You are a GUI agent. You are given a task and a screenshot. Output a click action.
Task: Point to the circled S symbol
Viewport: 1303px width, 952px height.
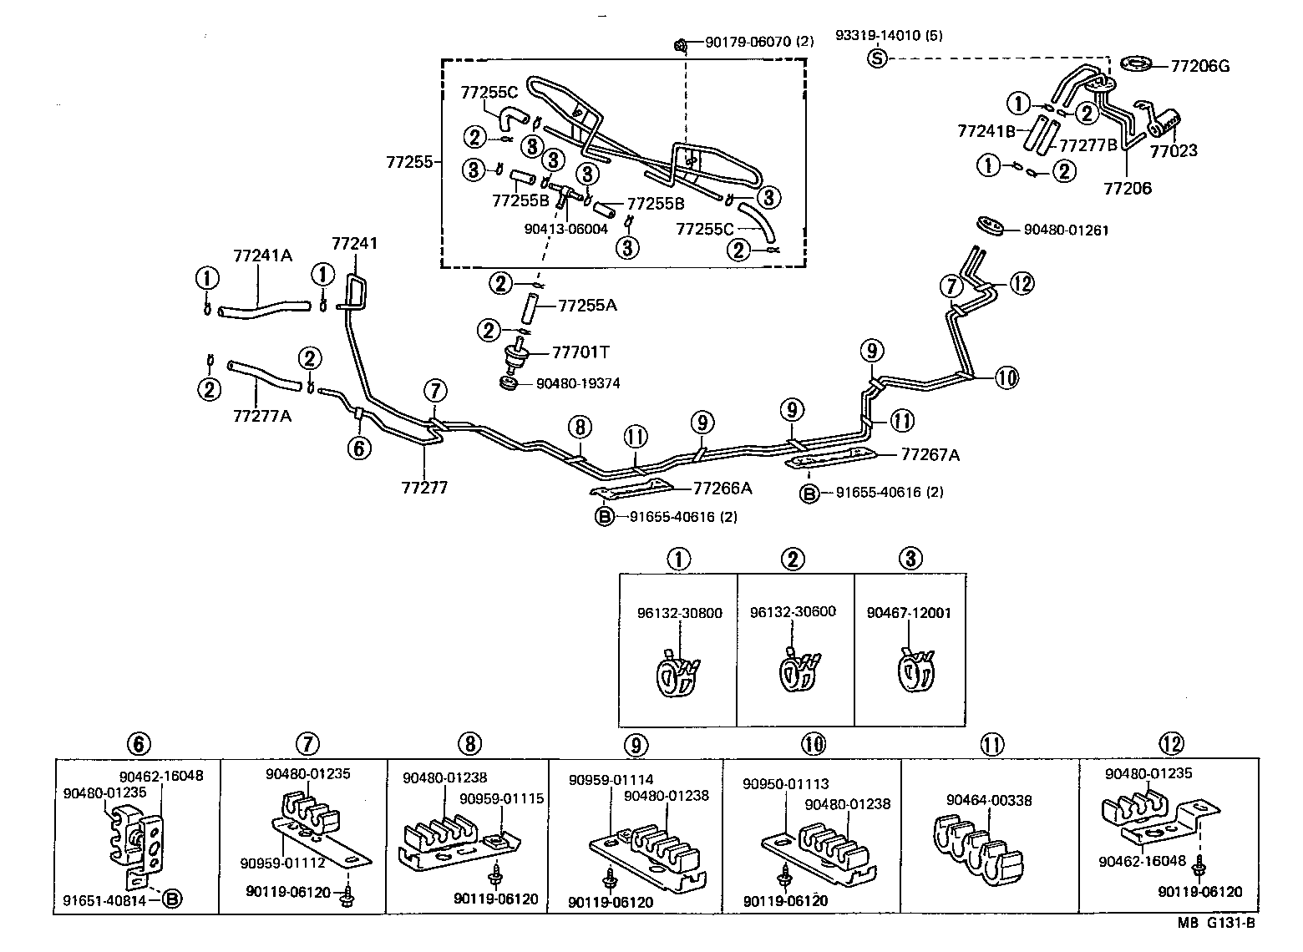pyautogui.click(x=877, y=58)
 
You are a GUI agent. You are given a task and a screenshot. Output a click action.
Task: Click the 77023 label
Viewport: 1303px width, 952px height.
pyautogui.click(x=1173, y=151)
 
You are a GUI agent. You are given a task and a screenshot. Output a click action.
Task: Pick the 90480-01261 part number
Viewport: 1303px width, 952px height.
pyautogui.click(x=1054, y=230)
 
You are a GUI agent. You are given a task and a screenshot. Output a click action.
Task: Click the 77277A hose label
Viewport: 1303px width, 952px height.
pyautogui.click(x=262, y=414)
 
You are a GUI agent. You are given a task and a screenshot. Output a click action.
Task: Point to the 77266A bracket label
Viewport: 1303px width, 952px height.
pyautogui.click(x=722, y=489)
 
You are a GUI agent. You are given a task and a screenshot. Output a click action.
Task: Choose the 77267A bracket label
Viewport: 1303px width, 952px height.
pyautogui.click(x=930, y=454)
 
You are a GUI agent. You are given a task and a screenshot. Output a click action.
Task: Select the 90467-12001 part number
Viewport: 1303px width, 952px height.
pyautogui.click(x=909, y=612)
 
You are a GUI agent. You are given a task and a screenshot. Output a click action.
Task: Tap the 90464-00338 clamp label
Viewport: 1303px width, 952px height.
pyautogui.click(x=989, y=800)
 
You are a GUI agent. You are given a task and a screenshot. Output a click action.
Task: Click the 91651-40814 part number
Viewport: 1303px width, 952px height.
pyautogui.click(x=104, y=899)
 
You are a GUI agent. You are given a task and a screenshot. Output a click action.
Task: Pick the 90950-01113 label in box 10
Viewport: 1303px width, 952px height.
pyautogui.click(x=785, y=783)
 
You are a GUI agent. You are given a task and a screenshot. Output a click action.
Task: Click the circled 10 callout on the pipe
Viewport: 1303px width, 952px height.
pyautogui.click(x=1006, y=377)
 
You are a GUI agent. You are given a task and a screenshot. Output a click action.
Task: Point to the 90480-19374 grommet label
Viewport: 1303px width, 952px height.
pyautogui.click(x=578, y=384)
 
